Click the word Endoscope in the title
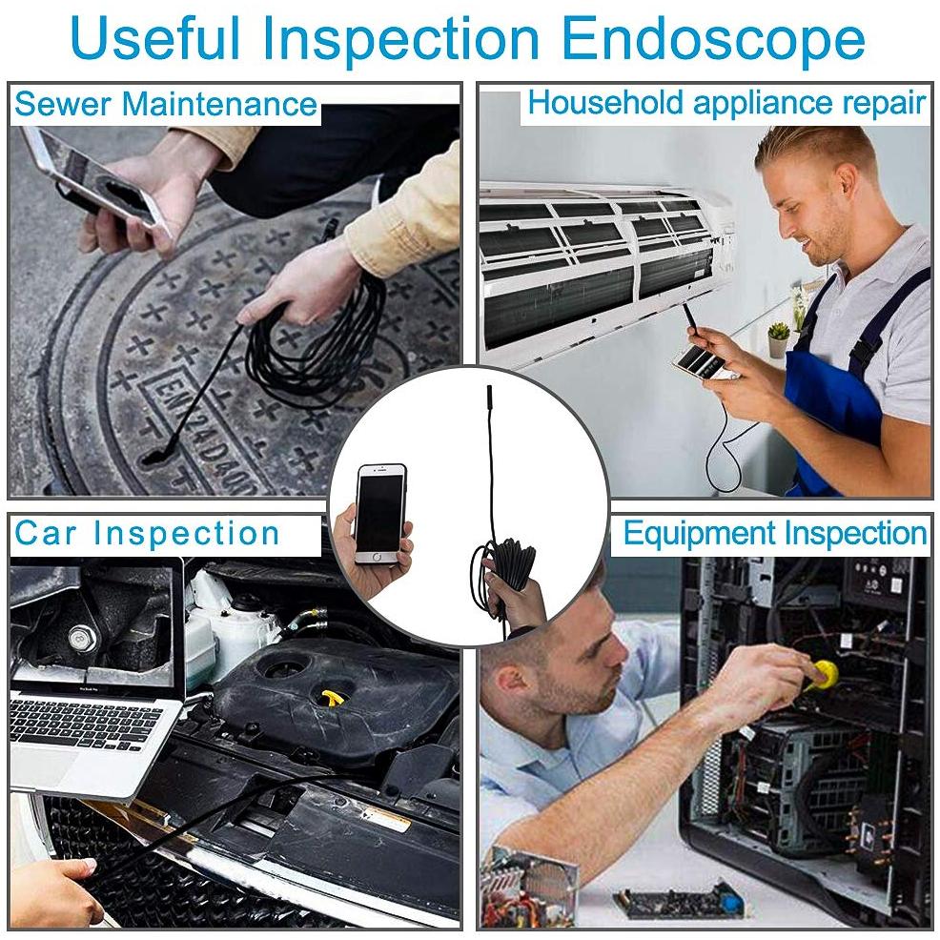[714, 40]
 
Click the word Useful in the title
[155, 37]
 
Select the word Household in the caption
[604, 102]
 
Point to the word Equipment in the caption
[700, 534]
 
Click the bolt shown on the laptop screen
[81, 638]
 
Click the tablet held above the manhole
[99, 179]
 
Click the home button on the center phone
[377, 557]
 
